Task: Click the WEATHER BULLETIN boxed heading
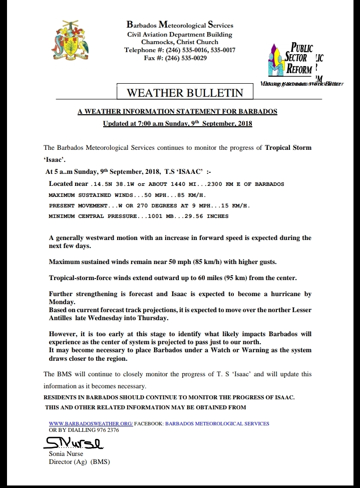(185, 93)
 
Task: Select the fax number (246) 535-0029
(187, 58)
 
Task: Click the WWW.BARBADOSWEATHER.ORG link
(91, 423)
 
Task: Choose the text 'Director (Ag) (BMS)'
(79, 461)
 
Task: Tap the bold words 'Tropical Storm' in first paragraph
(288, 148)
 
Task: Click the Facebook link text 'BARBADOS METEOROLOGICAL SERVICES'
(217, 423)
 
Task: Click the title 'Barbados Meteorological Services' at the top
(180, 25)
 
